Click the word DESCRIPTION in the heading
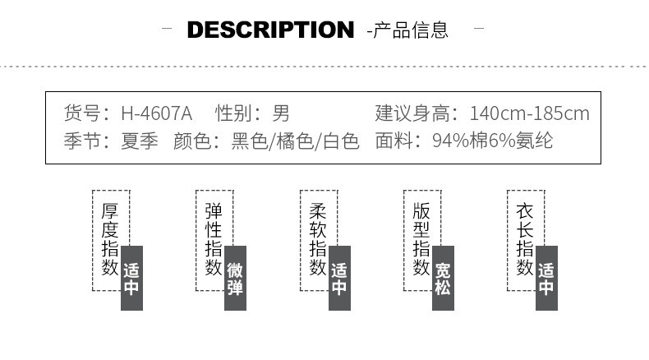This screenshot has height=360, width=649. click(270, 30)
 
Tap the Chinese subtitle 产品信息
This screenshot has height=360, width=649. click(411, 30)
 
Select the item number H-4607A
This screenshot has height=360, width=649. click(156, 113)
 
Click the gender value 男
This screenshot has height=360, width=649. click(281, 113)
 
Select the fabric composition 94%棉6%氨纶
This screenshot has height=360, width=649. click(494, 141)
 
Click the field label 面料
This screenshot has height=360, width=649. click(394, 141)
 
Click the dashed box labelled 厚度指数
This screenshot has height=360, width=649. click(109, 239)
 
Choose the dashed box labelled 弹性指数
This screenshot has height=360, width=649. click(213, 239)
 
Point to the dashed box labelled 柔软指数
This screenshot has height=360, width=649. click(317, 239)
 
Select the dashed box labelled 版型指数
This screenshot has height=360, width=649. click(421, 239)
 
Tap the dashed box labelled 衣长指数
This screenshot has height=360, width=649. click(525, 239)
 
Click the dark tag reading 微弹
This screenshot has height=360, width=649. click(236, 279)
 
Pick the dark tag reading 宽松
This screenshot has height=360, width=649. click(444, 279)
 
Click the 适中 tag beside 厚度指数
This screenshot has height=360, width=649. click(132, 279)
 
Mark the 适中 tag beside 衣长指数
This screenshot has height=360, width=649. click(547, 279)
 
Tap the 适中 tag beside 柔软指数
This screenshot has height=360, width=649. click(339, 279)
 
